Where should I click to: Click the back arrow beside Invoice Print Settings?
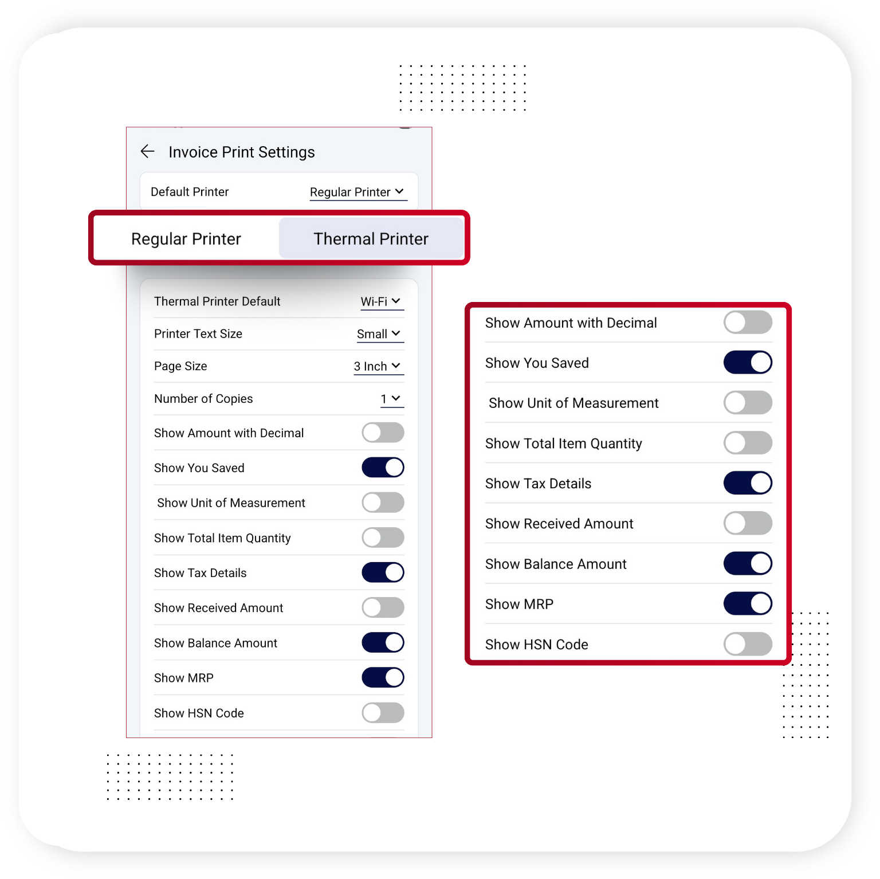(148, 151)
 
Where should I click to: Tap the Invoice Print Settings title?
(242, 152)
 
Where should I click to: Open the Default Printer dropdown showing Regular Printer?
(358, 192)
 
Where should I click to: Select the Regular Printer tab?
(186, 238)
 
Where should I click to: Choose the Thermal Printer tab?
(371, 238)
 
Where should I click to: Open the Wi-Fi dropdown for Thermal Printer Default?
(382, 301)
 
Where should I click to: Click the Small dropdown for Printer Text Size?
(380, 333)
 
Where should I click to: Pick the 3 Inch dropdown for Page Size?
(378, 366)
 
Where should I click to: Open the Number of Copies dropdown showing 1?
(392, 399)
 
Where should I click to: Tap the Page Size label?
(180, 366)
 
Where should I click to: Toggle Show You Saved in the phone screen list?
(383, 468)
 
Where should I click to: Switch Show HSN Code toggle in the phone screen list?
(383, 713)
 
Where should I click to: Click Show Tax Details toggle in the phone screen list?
(383, 572)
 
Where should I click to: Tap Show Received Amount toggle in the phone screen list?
(383, 607)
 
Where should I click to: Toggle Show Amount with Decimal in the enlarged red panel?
(748, 323)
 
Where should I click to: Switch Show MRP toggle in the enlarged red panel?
(748, 603)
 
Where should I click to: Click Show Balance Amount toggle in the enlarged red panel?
(748, 563)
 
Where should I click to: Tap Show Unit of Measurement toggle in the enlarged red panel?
(748, 403)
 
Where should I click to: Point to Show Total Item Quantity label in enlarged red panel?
(564, 444)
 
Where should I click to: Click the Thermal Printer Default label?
(217, 301)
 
